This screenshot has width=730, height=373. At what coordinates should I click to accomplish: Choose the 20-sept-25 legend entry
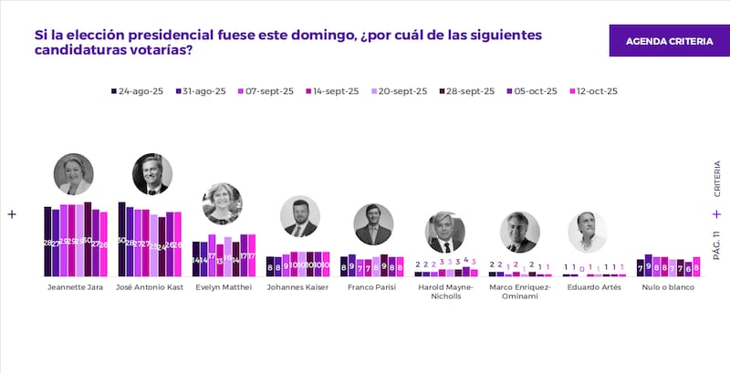click(x=399, y=91)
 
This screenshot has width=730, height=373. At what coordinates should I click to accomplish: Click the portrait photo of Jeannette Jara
click(x=74, y=174)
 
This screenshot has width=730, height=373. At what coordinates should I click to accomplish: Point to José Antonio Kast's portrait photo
click(x=151, y=174)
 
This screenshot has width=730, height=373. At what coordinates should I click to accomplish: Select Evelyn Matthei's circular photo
click(x=222, y=203)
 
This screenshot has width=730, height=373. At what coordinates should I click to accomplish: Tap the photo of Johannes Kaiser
click(x=300, y=216)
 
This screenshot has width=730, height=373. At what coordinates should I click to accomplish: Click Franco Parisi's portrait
click(x=372, y=223)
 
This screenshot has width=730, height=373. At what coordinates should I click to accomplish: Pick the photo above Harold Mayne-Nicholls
click(x=445, y=232)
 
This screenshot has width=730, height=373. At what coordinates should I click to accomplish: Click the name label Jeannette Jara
click(x=74, y=287)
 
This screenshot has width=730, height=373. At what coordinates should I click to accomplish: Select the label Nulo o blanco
click(x=667, y=287)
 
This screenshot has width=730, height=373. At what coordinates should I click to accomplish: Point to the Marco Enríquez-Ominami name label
click(x=520, y=292)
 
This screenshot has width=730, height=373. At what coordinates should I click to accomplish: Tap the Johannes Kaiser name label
click(x=297, y=287)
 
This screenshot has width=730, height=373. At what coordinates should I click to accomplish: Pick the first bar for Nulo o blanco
click(x=640, y=267)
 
